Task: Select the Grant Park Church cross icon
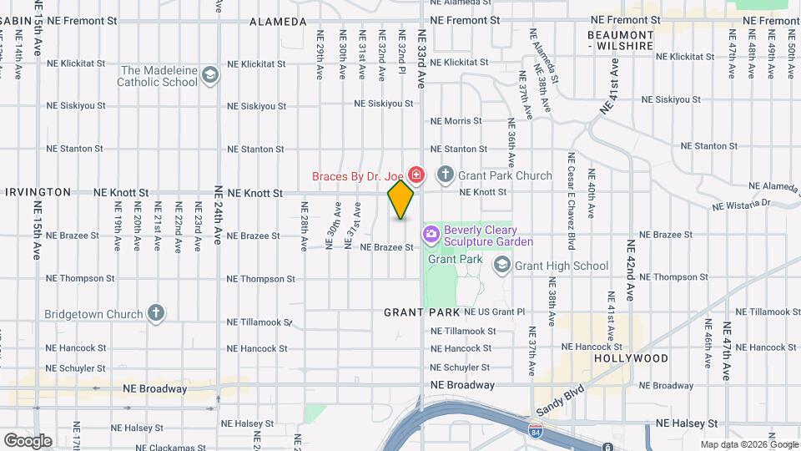click(446, 175)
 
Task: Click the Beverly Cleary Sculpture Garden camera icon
click(431, 235)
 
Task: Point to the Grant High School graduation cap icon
click(502, 266)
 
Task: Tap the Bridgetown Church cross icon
click(155, 313)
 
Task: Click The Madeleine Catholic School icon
click(210, 76)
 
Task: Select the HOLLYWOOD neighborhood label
click(631, 358)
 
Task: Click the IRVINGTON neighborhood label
click(38, 192)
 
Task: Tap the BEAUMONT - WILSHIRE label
click(619, 40)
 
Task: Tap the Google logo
click(28, 440)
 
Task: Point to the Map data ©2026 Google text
click(748, 444)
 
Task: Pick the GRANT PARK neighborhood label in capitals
click(421, 312)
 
